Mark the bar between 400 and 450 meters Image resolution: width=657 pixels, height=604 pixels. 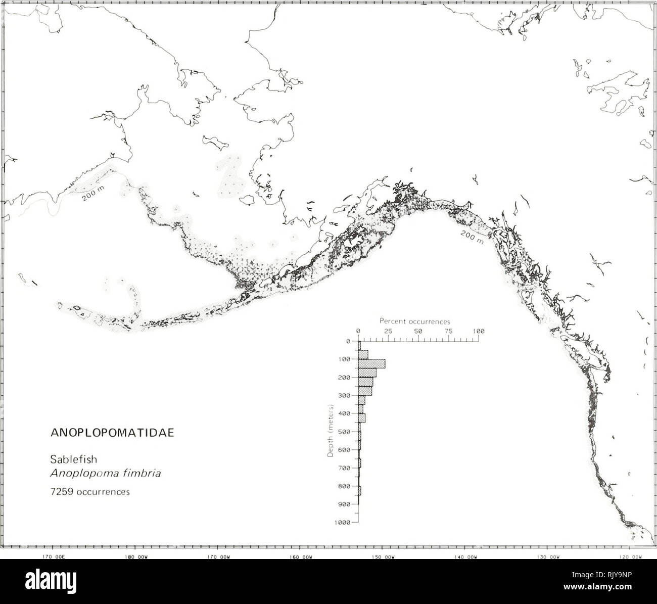click(362, 418)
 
